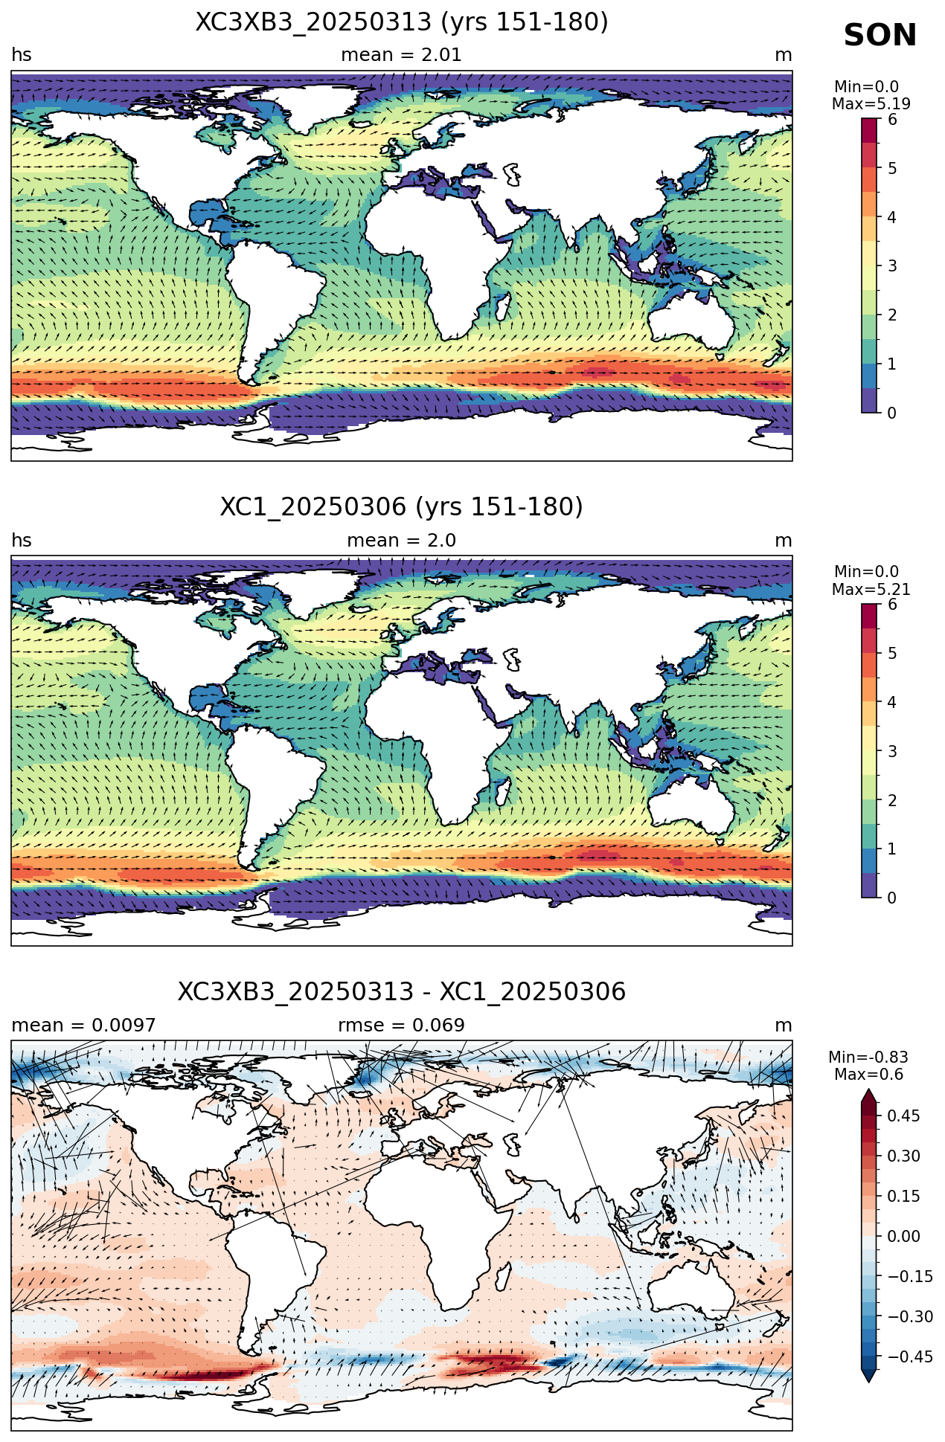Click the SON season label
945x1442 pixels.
tap(880, 36)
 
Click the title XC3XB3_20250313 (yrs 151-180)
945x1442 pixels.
tap(402, 22)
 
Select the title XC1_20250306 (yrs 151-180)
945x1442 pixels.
tap(402, 507)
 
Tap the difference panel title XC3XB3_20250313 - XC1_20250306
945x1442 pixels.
tap(402, 992)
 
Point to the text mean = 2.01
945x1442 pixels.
tap(402, 55)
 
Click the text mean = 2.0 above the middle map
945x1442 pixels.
tap(402, 541)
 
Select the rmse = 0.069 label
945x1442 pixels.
tap(402, 1026)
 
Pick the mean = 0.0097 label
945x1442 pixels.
tap(83, 1026)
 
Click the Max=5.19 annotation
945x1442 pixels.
tap(871, 104)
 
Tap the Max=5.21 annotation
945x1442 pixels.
tap(871, 590)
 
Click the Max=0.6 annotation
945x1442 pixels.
tap(868, 1075)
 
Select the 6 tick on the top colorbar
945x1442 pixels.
tap(892, 120)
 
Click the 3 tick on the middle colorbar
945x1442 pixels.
tap(892, 751)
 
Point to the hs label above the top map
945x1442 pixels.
tap(22, 55)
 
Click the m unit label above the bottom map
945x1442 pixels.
tap(784, 1026)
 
